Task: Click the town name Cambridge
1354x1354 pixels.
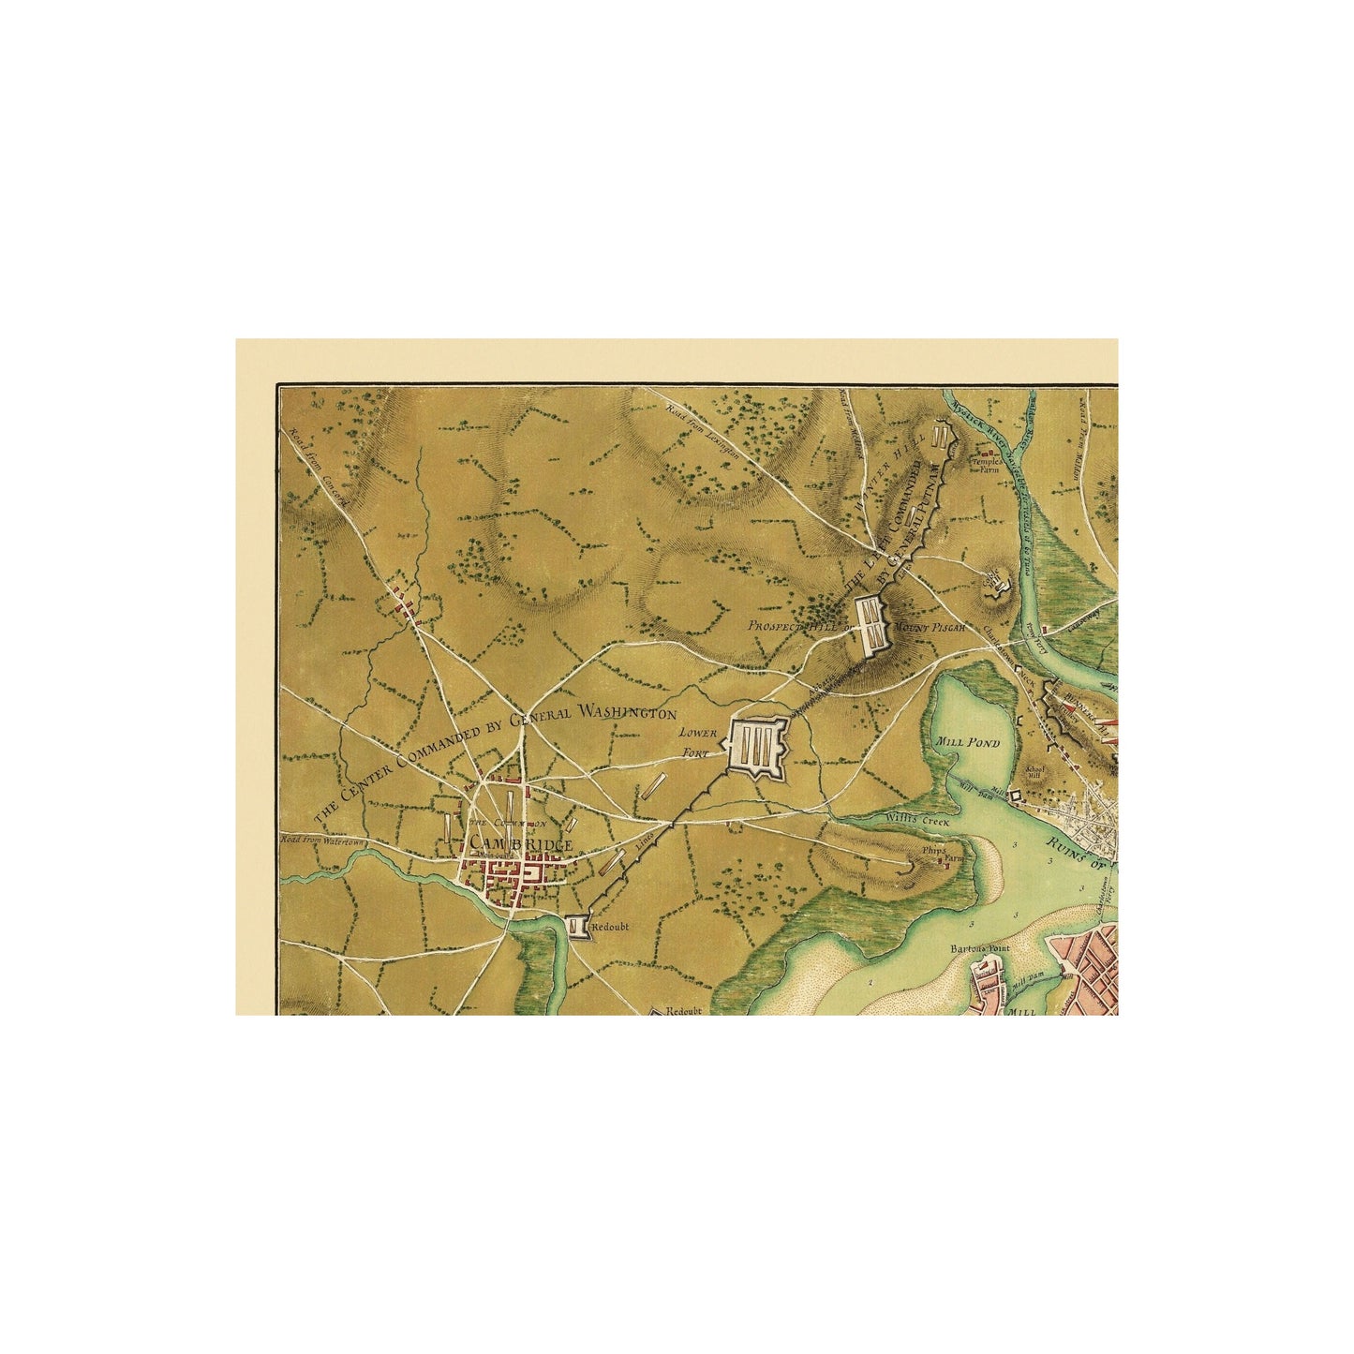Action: point(521,845)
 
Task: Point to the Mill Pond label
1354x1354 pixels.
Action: point(969,743)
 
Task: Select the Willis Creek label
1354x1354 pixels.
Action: point(918,821)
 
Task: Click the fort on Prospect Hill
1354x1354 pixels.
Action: point(872,619)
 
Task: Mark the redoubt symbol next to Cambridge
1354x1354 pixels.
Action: point(576,926)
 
